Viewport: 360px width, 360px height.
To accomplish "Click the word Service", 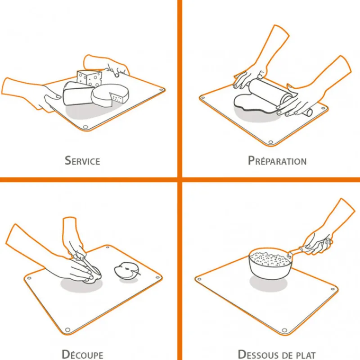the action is [82, 161].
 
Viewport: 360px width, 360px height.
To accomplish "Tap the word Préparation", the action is [277, 161].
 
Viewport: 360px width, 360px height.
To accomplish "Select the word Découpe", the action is [82, 354].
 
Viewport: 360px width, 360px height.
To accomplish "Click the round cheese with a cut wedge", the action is [110, 95].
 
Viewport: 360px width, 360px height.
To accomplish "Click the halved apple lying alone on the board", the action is [127, 270].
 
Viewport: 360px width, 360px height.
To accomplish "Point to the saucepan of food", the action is [270, 263].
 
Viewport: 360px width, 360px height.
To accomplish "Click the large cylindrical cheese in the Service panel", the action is [77, 94].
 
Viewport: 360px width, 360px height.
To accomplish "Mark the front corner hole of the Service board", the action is [85, 127].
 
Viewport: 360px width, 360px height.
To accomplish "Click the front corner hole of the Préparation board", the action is [270, 143].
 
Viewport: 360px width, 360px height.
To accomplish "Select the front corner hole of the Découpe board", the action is [67, 330].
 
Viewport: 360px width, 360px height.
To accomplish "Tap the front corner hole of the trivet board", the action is [284, 330].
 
